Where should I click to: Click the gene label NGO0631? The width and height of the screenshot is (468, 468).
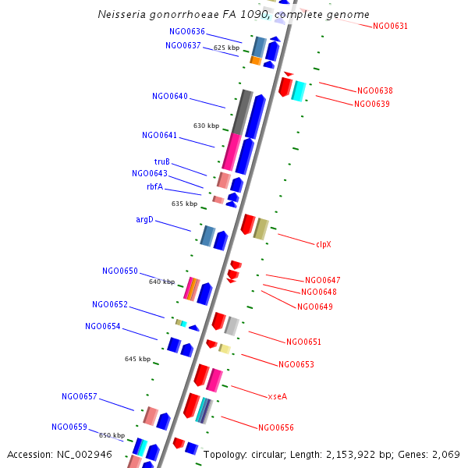[x=390, y=26]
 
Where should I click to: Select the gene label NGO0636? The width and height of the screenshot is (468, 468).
[x=187, y=31]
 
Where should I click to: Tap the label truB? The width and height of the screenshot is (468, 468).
[x=162, y=161]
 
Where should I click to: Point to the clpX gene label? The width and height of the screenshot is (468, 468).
[x=324, y=244]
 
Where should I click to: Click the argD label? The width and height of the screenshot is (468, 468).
[x=145, y=219]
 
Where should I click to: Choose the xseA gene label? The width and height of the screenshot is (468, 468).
[x=278, y=396]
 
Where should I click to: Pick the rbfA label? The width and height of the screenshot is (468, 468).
[x=154, y=186]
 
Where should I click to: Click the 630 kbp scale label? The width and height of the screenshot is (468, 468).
[x=207, y=126]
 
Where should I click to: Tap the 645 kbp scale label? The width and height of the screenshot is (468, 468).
[x=138, y=359]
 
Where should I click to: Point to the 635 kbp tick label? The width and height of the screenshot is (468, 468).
[x=185, y=204]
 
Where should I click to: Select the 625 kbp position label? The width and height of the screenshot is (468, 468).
[x=227, y=48]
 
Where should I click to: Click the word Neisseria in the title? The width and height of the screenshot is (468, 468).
[x=122, y=15]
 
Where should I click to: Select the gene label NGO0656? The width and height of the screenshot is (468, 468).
[x=276, y=427]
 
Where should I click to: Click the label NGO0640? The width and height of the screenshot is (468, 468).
[x=170, y=96]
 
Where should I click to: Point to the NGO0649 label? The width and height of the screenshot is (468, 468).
[x=315, y=307]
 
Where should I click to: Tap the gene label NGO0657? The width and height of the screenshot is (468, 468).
[x=80, y=396]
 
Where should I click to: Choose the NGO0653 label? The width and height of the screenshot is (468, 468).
[x=296, y=364]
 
